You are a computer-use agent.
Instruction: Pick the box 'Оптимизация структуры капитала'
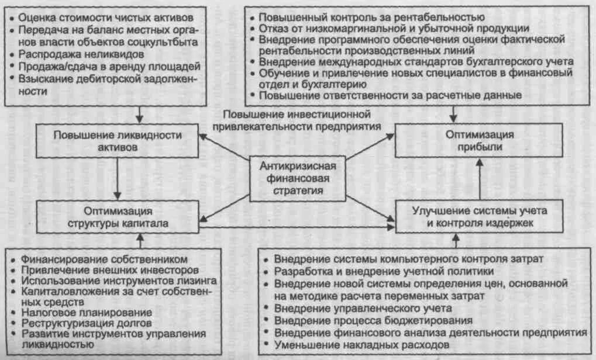(x=118, y=216)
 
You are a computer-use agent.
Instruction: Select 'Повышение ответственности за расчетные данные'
(x=390, y=95)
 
